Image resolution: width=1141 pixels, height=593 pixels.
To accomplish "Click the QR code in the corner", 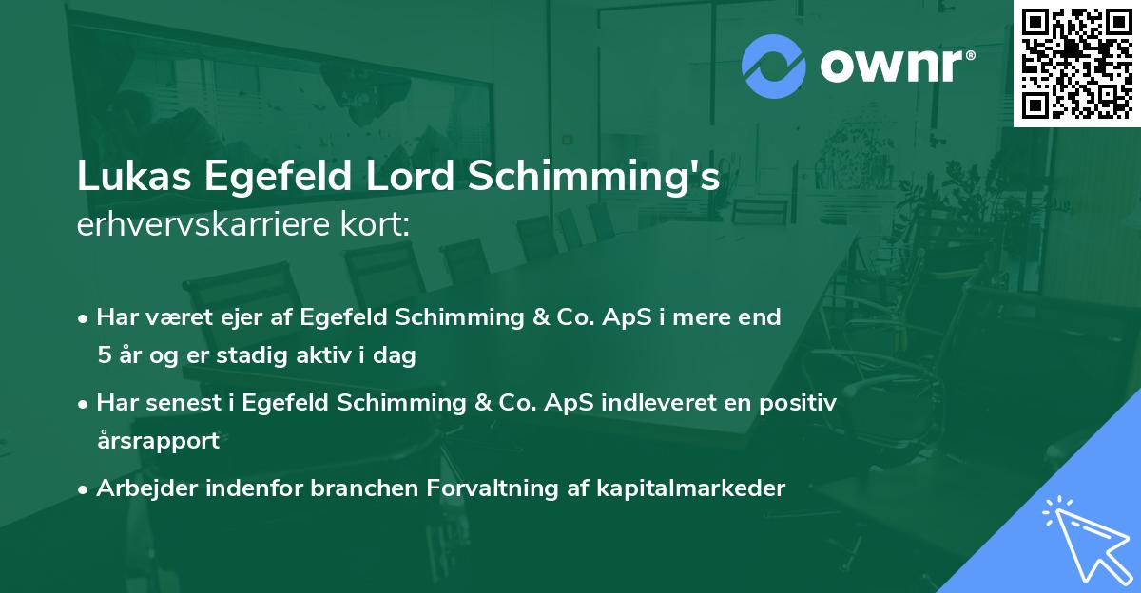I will coord(1077,63).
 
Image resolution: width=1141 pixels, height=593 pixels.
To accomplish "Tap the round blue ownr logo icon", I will coord(774,66).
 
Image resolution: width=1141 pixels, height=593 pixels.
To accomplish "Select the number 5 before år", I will coord(104,356).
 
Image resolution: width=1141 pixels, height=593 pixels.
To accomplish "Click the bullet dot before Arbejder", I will coord(85,489).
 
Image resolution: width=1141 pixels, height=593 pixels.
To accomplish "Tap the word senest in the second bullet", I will coord(182,403).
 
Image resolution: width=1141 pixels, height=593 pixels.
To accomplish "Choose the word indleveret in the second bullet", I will coord(680,403).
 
